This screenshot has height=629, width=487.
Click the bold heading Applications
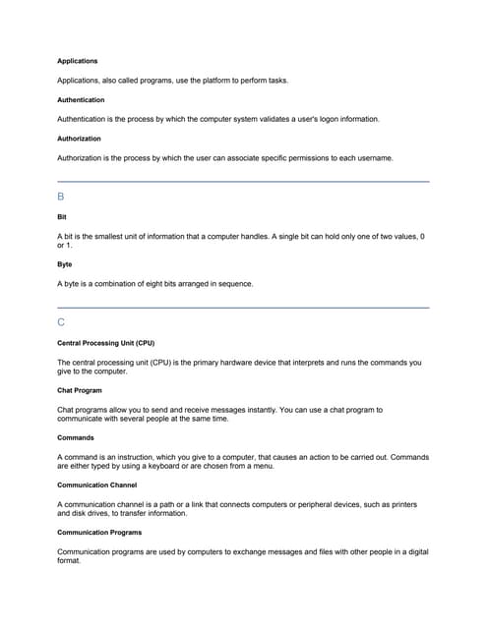(x=78, y=61)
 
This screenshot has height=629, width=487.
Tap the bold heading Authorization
(x=79, y=139)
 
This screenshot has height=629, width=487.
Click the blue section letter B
(x=61, y=197)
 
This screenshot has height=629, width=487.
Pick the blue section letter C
(x=61, y=322)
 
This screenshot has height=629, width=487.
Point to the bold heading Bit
(x=62, y=216)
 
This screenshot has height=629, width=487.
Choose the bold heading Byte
(x=64, y=264)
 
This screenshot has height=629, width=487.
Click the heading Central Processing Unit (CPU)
(x=106, y=343)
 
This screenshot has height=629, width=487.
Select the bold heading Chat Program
(x=80, y=390)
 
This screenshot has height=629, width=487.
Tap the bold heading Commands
(x=76, y=437)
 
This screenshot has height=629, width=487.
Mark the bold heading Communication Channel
(x=96, y=485)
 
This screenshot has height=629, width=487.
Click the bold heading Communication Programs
(x=99, y=533)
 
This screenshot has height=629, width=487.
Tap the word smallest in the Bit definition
(x=108, y=237)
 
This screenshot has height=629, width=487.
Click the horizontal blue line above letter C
(x=244, y=308)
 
